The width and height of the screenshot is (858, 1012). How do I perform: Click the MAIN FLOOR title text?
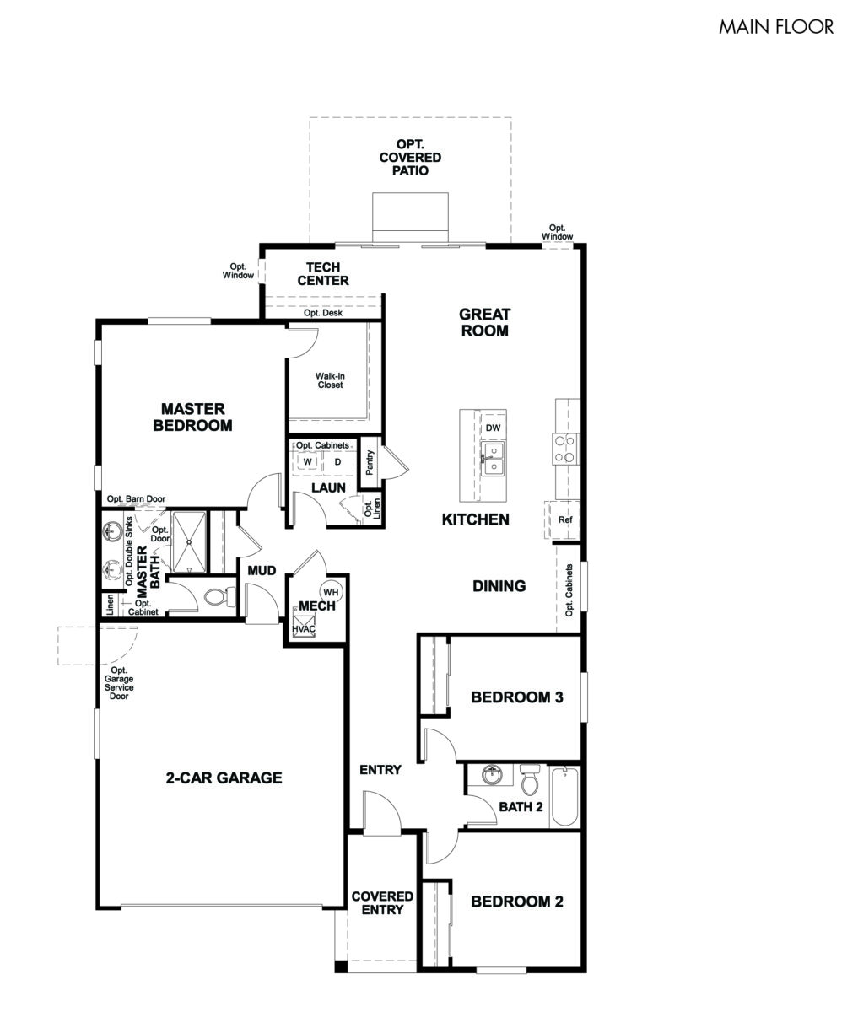pos(775,26)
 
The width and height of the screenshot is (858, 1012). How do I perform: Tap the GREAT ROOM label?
pos(484,322)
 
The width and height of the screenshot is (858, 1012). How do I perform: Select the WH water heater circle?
pos(331,592)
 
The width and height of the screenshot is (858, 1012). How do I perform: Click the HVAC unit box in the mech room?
pos(303,622)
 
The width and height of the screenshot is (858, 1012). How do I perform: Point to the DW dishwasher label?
pos(494,428)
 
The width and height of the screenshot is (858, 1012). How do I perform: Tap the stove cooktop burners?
pos(565,449)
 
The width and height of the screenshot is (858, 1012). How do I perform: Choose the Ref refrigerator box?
pos(564,519)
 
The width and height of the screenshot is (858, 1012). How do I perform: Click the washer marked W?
pos(308,461)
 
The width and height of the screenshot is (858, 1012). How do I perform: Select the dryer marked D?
pos(337,461)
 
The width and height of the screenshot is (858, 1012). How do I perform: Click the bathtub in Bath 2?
pos(564,796)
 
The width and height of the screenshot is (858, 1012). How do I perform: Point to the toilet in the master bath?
pos(219,597)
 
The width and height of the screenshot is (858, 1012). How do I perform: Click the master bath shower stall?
pos(190,541)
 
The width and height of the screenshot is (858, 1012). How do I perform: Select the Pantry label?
pos(370,462)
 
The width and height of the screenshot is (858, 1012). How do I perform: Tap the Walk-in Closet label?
pos(330,380)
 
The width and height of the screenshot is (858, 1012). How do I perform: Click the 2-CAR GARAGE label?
pos(224,778)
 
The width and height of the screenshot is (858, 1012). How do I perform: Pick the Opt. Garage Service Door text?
pos(119,683)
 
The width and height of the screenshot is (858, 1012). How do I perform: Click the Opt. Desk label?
pos(323,313)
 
